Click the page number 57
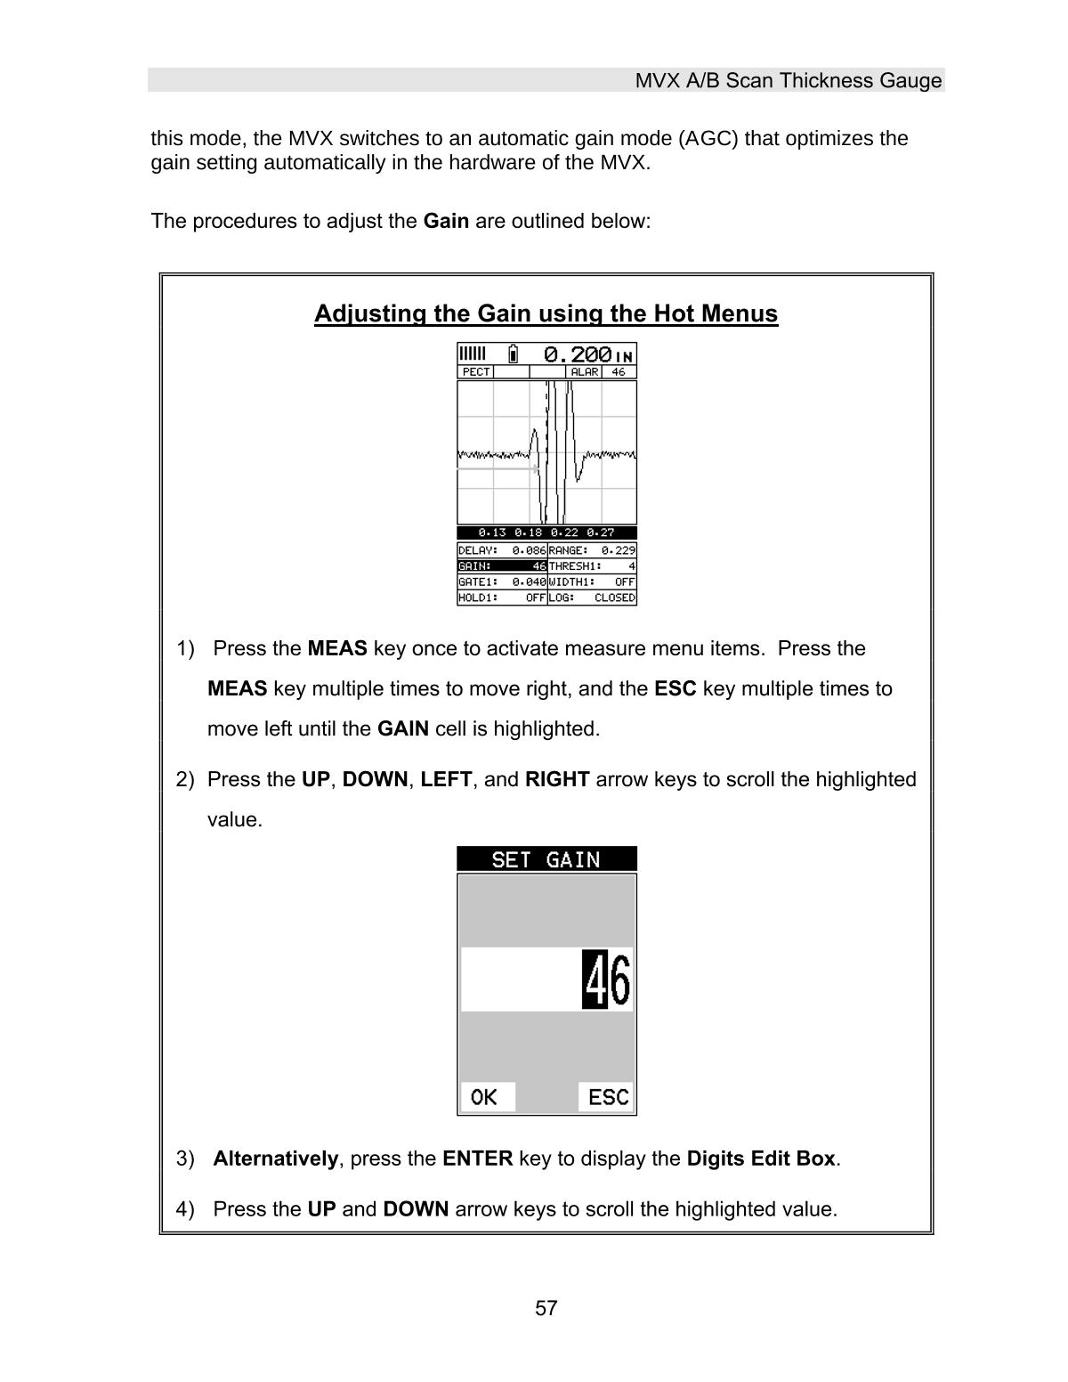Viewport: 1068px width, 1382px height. point(546,1308)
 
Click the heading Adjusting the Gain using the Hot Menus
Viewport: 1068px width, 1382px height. point(546,314)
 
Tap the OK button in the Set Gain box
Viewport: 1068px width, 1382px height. point(486,1097)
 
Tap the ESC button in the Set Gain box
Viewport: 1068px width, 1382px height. point(607,1097)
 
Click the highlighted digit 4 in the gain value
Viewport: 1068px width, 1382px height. point(595,980)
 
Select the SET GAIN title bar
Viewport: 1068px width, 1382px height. point(546,859)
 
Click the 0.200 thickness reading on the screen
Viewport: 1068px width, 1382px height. point(578,354)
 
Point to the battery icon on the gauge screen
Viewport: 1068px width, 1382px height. point(514,354)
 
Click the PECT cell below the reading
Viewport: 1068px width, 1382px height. point(475,371)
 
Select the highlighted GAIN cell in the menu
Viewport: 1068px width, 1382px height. point(501,565)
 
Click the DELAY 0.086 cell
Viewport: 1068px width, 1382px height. point(501,550)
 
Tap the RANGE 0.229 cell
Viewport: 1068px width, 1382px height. point(592,550)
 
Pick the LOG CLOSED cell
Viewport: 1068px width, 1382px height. point(592,598)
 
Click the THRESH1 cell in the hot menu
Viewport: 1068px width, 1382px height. point(592,565)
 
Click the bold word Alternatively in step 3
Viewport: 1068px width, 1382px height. point(275,1158)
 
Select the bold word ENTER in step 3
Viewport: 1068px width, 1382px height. point(477,1158)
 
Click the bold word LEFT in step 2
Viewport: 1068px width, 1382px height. point(446,779)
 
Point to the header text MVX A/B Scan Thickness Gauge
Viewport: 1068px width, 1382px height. point(788,81)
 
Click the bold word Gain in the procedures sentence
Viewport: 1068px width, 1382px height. point(446,221)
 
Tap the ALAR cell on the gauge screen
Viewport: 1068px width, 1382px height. point(584,371)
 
